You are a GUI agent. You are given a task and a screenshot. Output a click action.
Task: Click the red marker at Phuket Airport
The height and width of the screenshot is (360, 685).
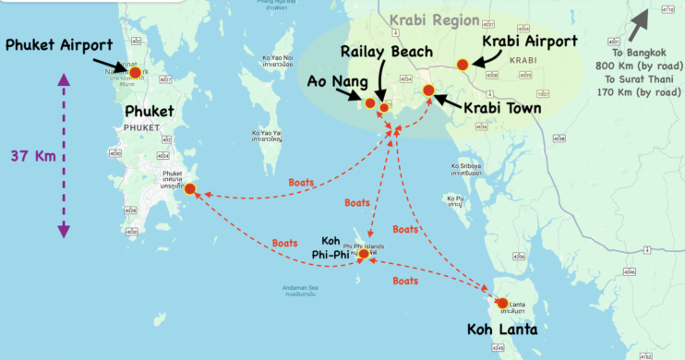point(135,72)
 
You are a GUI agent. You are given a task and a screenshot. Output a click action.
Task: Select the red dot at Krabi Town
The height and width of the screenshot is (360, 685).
point(428,90)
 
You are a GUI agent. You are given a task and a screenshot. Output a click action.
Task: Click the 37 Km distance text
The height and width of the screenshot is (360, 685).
point(31,156)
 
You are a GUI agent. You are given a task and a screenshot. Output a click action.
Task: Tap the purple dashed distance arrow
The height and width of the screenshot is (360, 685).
point(64,157)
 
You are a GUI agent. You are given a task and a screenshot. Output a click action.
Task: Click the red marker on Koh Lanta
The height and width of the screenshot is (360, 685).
point(501,303)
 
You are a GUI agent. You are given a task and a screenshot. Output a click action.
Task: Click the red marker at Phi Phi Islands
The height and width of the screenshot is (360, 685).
point(364,253)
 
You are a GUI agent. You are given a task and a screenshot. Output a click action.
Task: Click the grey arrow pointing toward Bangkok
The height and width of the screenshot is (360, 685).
point(641,20)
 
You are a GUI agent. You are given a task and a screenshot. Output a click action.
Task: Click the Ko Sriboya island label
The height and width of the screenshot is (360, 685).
point(467,169)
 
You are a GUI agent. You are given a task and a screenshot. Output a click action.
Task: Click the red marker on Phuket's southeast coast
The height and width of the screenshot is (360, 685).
point(190,189)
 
